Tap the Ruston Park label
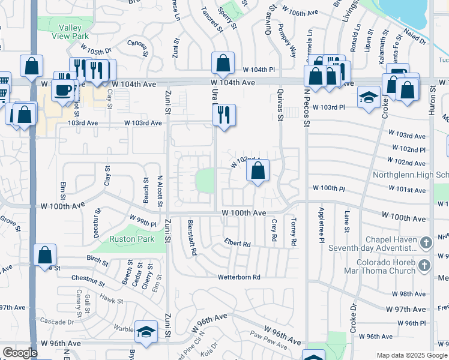click(131, 239)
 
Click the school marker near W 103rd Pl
click(368, 97)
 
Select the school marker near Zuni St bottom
click(145, 332)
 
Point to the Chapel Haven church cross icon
click(426, 243)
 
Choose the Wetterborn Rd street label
click(239, 277)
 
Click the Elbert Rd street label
click(237, 244)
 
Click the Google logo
click(20, 353)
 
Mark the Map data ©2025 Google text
click(411, 355)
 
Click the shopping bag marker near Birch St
click(45, 254)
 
